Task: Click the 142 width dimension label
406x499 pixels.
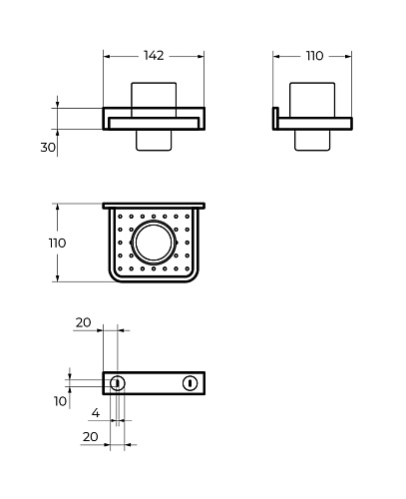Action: (154, 56)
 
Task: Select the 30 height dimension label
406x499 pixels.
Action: (48, 147)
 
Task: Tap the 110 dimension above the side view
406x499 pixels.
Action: (314, 56)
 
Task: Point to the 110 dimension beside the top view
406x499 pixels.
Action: (57, 244)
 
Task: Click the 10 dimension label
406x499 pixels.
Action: (60, 401)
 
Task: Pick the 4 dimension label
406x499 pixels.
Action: (96, 413)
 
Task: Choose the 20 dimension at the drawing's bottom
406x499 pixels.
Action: (90, 436)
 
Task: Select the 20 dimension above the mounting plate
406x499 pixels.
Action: (83, 322)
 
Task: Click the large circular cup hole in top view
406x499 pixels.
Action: (154, 243)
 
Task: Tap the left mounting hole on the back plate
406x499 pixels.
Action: (117, 383)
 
